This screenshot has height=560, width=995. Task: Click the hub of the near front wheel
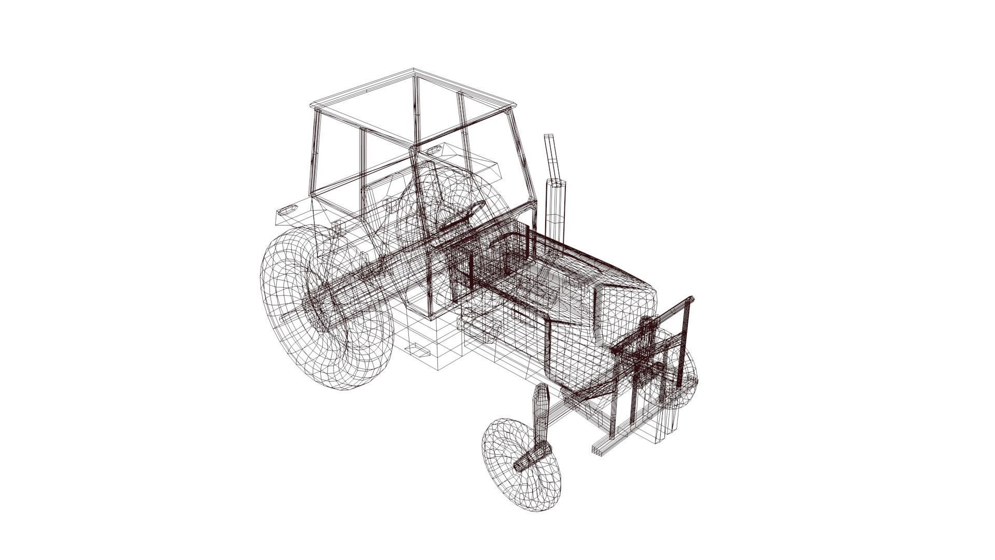[x=529, y=459]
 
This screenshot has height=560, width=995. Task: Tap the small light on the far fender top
[x=434, y=150]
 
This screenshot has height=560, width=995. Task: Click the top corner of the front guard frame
[x=690, y=301]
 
